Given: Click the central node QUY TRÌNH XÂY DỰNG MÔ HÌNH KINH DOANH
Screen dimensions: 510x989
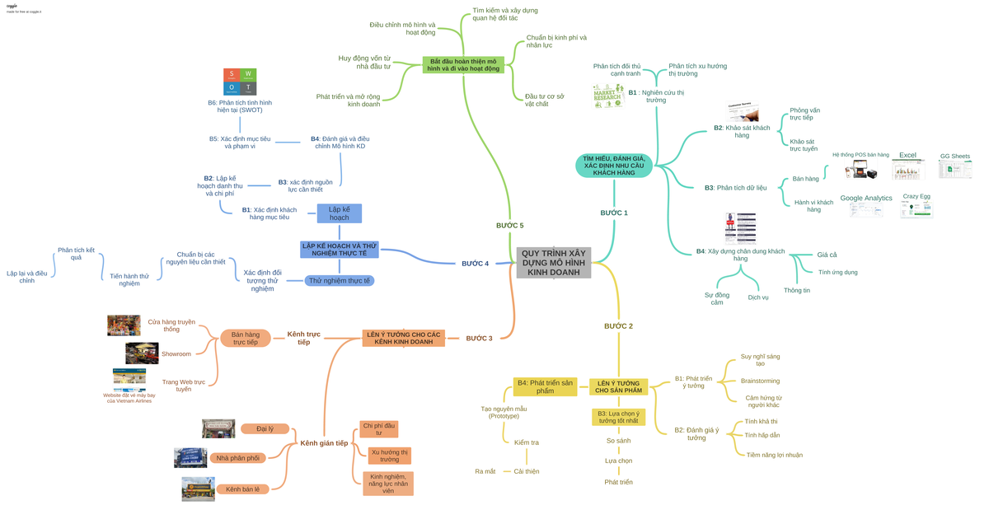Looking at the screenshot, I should tap(554, 262).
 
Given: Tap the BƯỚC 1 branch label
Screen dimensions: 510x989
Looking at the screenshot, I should tap(614, 213).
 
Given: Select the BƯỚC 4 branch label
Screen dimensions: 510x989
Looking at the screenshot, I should tap(475, 264).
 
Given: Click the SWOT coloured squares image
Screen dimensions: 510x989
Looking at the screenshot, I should tap(240, 82).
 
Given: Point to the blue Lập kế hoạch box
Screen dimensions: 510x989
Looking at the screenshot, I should tap(340, 213).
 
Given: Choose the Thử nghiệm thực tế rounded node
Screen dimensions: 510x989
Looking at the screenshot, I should tap(340, 281).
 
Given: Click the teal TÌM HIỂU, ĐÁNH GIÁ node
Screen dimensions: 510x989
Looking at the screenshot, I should tap(614, 166).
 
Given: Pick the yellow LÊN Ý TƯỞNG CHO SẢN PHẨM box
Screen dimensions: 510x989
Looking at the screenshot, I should tap(618, 386).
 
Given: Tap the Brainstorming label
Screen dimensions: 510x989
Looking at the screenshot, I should tap(760, 381).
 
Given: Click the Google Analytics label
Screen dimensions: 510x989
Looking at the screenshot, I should tap(865, 198).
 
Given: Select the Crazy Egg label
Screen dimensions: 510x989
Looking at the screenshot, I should tap(916, 196).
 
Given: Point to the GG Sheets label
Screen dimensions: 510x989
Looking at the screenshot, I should tap(954, 156).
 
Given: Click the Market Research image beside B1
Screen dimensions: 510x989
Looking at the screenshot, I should tap(607, 96).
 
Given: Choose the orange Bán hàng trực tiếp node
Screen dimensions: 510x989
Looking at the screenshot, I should tap(246, 338).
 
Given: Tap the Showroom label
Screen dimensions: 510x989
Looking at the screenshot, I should tap(176, 353).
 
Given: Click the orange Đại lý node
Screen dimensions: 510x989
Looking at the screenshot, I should tap(265, 428).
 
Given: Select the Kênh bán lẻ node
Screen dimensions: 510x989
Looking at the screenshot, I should tap(242, 489).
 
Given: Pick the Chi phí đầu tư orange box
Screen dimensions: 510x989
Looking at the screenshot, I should tap(379, 429).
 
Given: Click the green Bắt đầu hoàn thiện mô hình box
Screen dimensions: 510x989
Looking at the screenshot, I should tap(463, 64).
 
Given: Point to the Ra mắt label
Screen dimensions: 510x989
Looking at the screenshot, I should tap(485, 471).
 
